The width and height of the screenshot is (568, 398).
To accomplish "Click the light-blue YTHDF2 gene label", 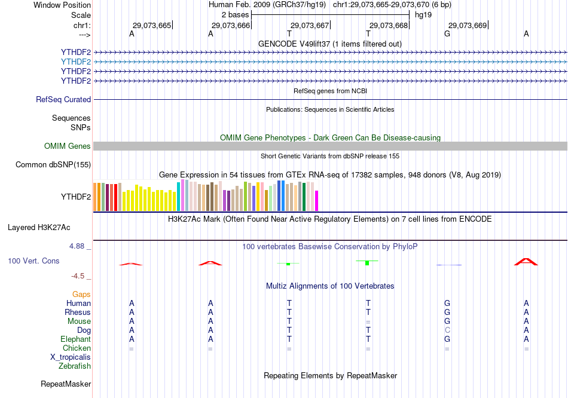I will point(76,62).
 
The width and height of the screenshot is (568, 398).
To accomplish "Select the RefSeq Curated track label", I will point(63,100).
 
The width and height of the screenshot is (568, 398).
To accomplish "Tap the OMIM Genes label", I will point(68,146).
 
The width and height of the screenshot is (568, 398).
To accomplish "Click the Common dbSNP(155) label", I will point(53,165).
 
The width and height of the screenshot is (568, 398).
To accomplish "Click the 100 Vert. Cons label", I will point(33,261).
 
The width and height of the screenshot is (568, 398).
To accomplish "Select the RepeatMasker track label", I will point(66,384).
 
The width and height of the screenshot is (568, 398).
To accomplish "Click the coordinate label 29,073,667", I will point(309,25).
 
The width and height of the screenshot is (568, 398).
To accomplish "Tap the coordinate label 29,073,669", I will point(468,25).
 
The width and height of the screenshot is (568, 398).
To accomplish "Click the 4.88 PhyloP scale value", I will point(78,246).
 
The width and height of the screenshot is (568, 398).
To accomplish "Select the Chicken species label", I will point(77,348).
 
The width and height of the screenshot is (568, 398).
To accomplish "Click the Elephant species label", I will point(75,339).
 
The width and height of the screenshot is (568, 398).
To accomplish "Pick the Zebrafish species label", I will point(75,366).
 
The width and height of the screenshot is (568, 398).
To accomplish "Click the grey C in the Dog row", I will point(447,330).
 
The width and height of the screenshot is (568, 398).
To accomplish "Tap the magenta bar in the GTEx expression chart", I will point(316,201).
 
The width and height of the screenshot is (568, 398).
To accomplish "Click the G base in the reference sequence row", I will point(447,34).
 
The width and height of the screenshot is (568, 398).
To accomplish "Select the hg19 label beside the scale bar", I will point(423,14).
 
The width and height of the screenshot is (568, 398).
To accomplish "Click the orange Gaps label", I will point(81,294).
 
